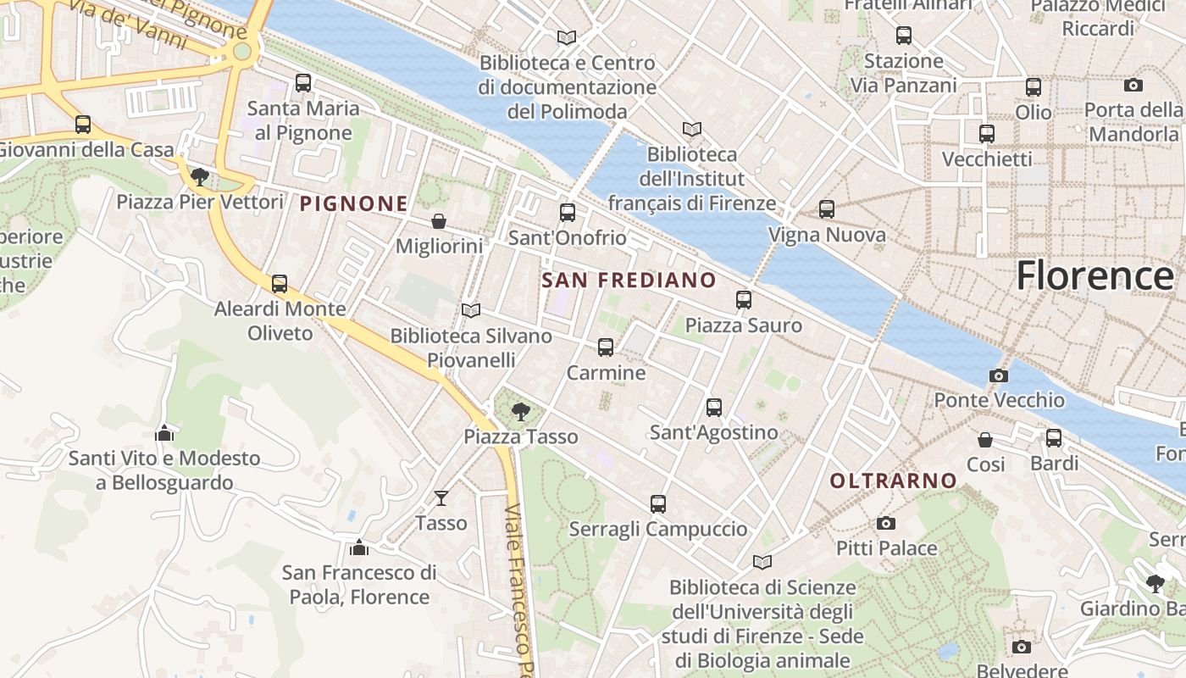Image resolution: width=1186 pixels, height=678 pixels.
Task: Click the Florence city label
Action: (x=1095, y=276)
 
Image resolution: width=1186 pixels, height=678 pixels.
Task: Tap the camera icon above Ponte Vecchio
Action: (x=999, y=375)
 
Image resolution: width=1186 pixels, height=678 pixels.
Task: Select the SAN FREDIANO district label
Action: (x=629, y=280)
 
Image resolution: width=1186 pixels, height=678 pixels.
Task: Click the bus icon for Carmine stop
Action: (x=605, y=347)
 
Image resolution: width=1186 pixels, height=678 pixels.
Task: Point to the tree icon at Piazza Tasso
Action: (x=520, y=412)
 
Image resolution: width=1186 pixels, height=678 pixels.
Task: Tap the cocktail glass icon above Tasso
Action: (x=441, y=497)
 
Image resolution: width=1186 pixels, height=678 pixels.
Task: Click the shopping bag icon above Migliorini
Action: (x=439, y=221)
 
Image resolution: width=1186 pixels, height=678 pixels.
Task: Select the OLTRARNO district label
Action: (x=893, y=481)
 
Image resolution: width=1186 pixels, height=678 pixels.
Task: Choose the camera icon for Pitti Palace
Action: (x=885, y=523)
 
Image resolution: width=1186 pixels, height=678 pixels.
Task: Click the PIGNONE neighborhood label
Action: (x=354, y=203)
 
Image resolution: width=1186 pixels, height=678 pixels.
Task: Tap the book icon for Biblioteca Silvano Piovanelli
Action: (x=471, y=310)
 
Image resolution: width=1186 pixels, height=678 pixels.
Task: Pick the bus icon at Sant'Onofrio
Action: (x=567, y=212)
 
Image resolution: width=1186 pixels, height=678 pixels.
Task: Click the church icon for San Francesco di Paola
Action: (x=359, y=547)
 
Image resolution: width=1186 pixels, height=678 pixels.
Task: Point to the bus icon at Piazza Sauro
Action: (x=743, y=299)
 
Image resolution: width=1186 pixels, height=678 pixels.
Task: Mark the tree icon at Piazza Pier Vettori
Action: (x=200, y=176)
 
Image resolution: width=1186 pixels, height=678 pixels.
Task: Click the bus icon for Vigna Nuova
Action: (x=826, y=208)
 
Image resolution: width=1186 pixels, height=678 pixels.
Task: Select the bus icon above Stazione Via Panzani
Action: (x=903, y=36)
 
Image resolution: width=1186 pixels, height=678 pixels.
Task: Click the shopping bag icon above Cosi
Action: (x=985, y=439)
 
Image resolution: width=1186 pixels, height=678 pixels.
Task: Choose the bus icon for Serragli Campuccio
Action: (x=657, y=503)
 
